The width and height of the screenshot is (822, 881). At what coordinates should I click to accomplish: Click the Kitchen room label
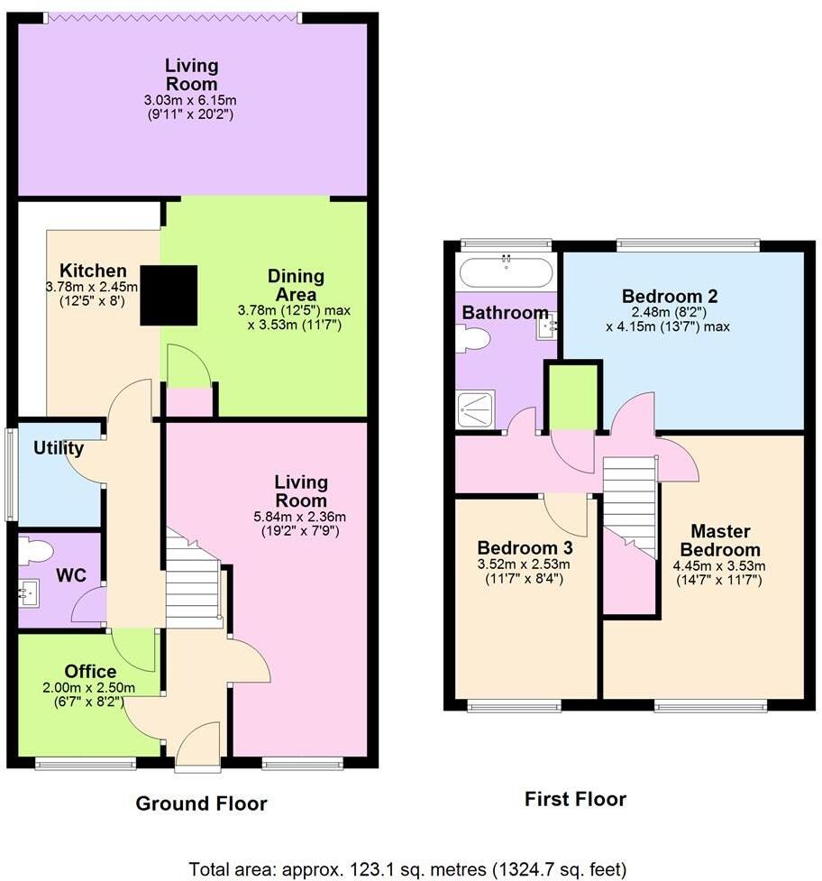(x=93, y=271)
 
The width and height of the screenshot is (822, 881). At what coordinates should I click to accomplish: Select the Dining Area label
(x=295, y=286)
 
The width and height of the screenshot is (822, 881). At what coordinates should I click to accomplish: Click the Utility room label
(x=59, y=448)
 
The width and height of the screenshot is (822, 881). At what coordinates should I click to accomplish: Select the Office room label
(x=90, y=671)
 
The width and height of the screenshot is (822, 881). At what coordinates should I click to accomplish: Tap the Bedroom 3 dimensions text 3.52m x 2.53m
(x=524, y=564)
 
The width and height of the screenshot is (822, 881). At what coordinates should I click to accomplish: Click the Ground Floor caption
(x=201, y=803)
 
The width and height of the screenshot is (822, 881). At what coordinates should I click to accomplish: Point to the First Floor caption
(x=574, y=798)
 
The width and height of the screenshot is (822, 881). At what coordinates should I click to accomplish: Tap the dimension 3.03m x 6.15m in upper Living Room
(x=192, y=100)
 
